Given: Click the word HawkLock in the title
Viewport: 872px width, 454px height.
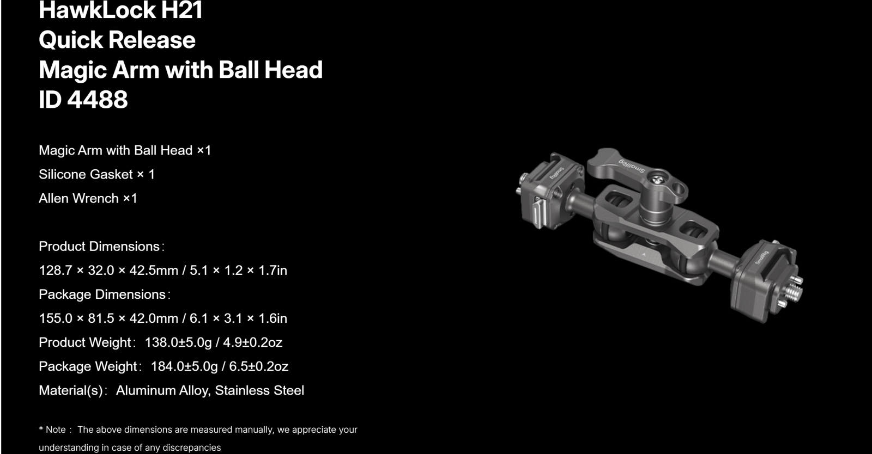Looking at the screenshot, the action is click(x=98, y=10).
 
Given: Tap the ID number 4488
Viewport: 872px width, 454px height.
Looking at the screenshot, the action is click(x=98, y=100).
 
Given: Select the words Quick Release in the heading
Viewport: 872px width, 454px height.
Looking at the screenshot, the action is click(x=117, y=40).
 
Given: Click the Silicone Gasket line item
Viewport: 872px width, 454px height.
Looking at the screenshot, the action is click(x=97, y=174).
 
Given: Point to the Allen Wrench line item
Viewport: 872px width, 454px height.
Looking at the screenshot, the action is click(x=88, y=198).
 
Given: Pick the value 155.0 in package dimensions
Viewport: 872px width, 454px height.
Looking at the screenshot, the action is click(x=56, y=318).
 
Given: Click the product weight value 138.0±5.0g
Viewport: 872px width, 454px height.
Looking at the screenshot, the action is click(x=178, y=342).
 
